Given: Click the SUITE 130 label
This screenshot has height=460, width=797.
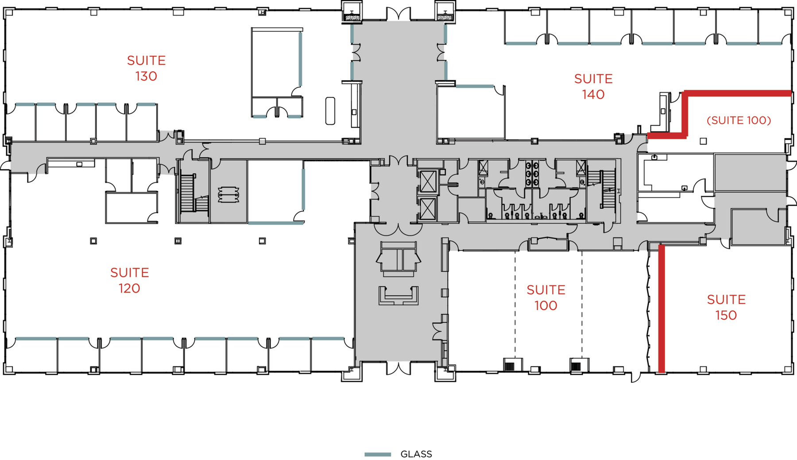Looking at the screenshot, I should tap(146, 68).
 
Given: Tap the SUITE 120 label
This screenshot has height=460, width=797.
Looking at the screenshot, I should tap(129, 280).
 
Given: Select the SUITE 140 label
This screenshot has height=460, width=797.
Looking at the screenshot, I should tap(593, 86).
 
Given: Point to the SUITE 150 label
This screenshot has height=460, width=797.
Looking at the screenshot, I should tap(726, 307).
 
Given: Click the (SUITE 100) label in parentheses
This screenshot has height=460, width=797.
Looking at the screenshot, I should tap(739, 120).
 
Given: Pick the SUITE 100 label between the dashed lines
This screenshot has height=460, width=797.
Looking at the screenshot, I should tap(546, 297).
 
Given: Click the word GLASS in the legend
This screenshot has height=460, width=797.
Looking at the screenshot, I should tap(416, 454).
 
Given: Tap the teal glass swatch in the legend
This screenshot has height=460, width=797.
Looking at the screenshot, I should tap(378, 454).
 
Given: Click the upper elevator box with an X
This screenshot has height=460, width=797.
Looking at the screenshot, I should tap(428, 182).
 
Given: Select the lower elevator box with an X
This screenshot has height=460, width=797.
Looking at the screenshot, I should tap(428, 209).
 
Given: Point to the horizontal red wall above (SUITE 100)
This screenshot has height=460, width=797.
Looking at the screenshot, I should tap(737, 93).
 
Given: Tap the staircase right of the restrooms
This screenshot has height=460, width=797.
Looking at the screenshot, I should tap(607, 188).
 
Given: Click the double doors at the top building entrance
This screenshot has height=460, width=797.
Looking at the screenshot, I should tap(398, 14).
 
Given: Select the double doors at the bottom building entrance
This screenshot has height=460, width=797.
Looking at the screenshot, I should tap(398, 368).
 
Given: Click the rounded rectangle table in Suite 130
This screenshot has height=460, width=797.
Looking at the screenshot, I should tap(330, 111).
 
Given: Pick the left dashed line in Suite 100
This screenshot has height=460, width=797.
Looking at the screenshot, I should tap(515, 306).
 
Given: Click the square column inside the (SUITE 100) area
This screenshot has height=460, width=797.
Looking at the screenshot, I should tap(703, 141).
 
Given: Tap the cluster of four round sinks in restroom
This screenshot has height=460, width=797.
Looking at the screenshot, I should tap(531, 173).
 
